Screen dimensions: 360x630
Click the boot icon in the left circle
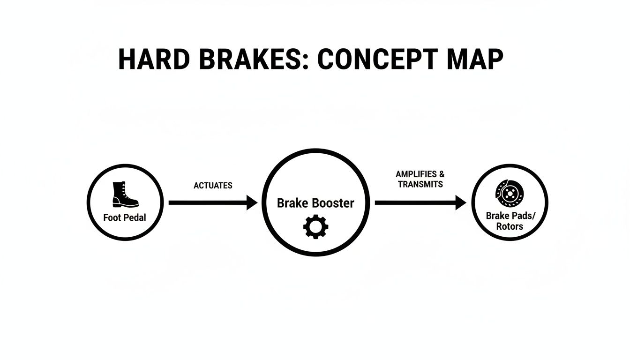click(125, 195)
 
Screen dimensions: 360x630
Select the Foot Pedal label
click(125, 218)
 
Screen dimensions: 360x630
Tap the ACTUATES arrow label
click(213, 186)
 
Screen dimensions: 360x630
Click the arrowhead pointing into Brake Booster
click(252, 203)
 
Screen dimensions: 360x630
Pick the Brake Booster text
click(315, 203)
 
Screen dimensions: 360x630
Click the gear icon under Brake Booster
click(315, 226)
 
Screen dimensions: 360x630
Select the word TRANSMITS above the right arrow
click(420, 184)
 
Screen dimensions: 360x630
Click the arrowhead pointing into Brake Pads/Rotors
click(460, 203)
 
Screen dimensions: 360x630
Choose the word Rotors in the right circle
click(510, 226)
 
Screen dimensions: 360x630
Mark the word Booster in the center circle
click(333, 203)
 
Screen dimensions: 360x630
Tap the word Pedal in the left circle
click(135, 218)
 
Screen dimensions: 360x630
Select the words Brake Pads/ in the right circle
click(510, 216)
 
